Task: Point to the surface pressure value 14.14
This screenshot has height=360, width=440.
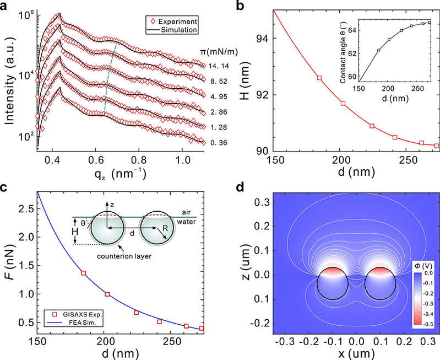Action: click(x=210, y=66)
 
